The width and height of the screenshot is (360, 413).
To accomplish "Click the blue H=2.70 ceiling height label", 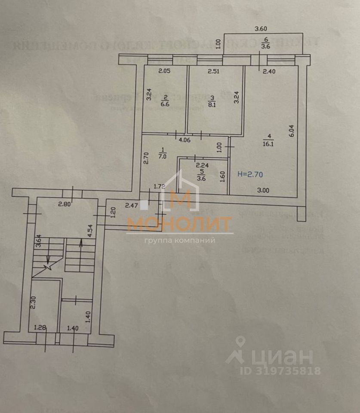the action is [250, 174].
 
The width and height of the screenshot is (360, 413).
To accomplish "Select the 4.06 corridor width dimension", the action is [185, 139].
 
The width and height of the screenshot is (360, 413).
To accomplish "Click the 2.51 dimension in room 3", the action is [214, 71].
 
